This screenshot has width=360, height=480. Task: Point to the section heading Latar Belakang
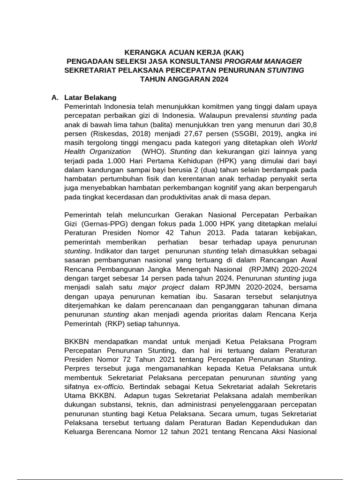click(x=90, y=97)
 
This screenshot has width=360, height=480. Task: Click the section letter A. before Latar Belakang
click(x=55, y=97)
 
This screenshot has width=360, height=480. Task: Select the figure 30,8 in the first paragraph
click(x=308, y=125)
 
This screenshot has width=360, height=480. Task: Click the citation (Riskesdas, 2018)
click(x=119, y=134)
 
